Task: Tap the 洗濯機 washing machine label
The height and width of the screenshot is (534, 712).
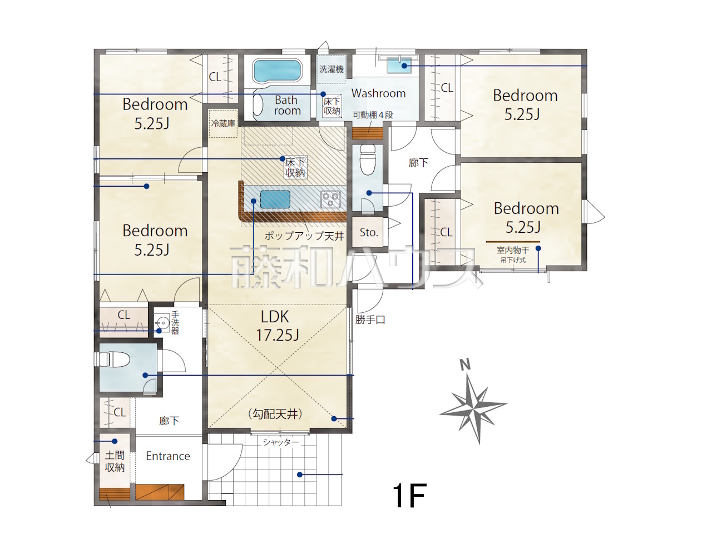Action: click(x=331, y=69)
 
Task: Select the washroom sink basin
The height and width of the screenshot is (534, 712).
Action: click(x=399, y=66)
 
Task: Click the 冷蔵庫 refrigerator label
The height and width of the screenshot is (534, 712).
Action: click(x=223, y=123)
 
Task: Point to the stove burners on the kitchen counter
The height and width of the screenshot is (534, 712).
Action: click(x=330, y=198)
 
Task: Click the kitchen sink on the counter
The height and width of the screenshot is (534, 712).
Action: click(x=275, y=199)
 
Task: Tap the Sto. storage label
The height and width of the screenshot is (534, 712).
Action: click(x=369, y=232)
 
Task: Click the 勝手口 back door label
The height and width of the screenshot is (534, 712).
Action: click(x=370, y=320)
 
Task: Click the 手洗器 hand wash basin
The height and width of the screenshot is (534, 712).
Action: click(x=162, y=322)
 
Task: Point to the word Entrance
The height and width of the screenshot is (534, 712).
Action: click(x=168, y=456)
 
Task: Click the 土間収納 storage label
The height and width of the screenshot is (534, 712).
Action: click(x=115, y=461)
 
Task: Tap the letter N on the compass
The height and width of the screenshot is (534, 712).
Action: click(x=465, y=365)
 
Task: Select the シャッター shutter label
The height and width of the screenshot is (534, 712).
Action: click(x=281, y=442)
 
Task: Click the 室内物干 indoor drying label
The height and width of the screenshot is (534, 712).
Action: click(x=513, y=250)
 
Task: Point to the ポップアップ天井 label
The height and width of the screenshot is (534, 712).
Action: click(x=304, y=236)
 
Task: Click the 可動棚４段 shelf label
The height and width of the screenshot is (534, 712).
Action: click(x=373, y=114)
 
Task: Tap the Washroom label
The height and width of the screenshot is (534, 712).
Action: click(x=379, y=93)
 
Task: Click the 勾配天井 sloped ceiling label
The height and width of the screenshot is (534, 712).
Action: click(x=275, y=414)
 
